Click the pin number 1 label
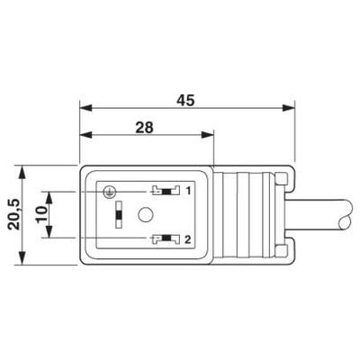[x=188, y=191]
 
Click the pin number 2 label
[x=188, y=238]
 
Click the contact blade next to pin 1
[x=162, y=191]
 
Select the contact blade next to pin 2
[x=162, y=238]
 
